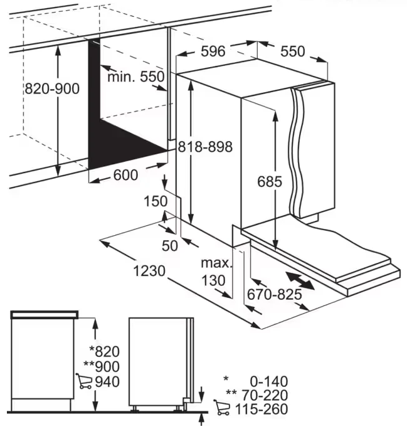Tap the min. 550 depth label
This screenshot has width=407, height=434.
[136, 77]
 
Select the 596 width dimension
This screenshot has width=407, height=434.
[213, 51]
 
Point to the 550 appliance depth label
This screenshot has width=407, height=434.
[292, 52]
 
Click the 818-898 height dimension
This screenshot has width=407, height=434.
[205, 147]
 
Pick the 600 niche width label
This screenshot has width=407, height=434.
[125, 176]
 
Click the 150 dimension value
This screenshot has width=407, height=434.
[155, 201]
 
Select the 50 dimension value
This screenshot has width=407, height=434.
[170, 245]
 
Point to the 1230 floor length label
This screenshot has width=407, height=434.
[149, 272]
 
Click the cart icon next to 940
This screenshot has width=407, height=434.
[83, 381]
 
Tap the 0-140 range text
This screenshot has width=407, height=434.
[267, 380]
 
